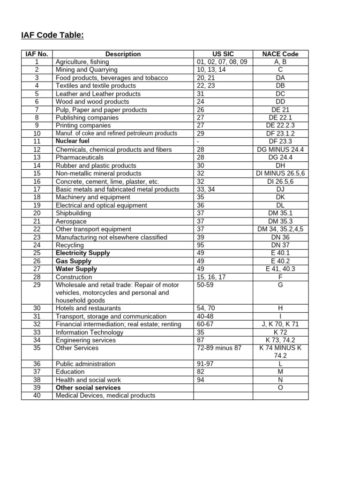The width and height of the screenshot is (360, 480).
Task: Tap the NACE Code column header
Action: pyautogui.click(x=280, y=54)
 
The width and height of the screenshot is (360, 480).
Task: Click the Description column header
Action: pyautogui.click(x=123, y=54)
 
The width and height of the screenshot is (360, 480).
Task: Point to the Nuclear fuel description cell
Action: pyautogui.click(x=72, y=141)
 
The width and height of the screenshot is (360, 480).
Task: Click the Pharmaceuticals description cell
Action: pyautogui.click(x=79, y=157)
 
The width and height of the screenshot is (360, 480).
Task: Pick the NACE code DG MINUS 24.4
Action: pyautogui.click(x=280, y=150)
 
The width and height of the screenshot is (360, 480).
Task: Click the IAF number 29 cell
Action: pyautogui.click(x=37, y=285)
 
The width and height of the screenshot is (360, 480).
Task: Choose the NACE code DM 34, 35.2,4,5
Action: pyautogui.click(x=280, y=229)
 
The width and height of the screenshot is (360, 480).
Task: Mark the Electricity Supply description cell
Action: pyautogui.click(x=82, y=253)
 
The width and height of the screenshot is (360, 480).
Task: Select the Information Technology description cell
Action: pyautogui.click(x=90, y=332)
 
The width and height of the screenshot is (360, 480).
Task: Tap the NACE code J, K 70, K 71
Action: pyautogui.click(x=280, y=324)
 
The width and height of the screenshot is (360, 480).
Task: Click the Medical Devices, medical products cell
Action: pyautogui.click(x=105, y=396)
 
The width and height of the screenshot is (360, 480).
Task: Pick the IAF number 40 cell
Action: pyautogui.click(x=37, y=396)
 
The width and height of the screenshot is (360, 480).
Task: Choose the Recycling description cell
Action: pyautogui.click(x=69, y=245)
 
